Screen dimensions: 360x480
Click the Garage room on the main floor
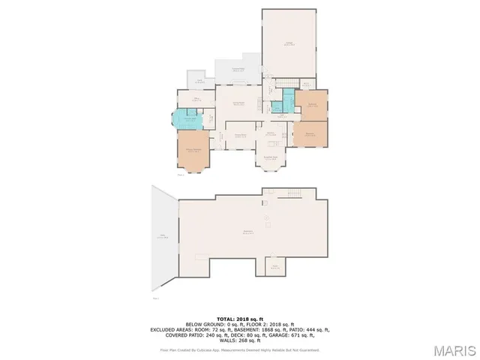[x=288, y=43]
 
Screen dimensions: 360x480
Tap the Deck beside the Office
[x=200, y=82]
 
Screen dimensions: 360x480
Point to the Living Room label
[x=239, y=103]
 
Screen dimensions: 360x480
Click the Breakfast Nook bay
[x=271, y=157]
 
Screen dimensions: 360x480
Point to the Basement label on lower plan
[x=247, y=231]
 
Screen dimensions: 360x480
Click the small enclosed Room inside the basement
[x=275, y=266]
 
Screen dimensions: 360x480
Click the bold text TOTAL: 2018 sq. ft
[x=240, y=319]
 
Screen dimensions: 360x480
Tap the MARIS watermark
[x=454, y=349]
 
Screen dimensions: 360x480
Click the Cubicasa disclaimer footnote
[x=240, y=349]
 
